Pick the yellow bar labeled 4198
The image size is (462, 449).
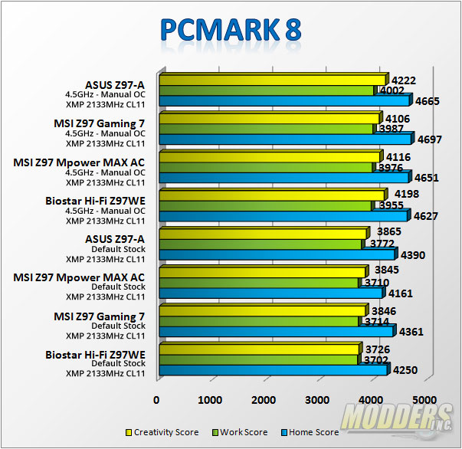pyautogui.click(x=271, y=195)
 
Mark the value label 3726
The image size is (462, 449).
pyautogui.click(x=384, y=349)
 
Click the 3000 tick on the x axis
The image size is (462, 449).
pyautogui.click(x=316, y=399)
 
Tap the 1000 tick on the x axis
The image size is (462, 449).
pyautogui.click(x=210, y=399)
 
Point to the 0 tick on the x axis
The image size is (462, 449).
pyautogui.click(x=157, y=399)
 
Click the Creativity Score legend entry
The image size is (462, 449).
pyautogui.click(x=157, y=433)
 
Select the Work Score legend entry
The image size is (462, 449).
pyautogui.click(x=241, y=433)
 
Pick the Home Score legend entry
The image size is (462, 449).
pyautogui.click(x=310, y=433)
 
